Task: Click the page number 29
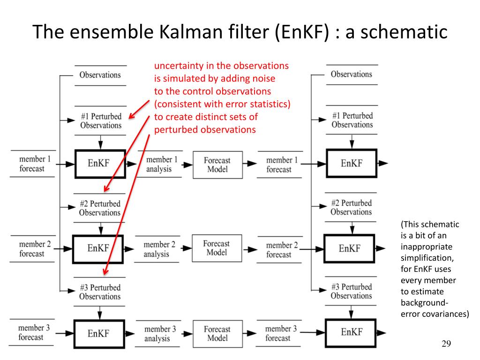[x=446, y=344]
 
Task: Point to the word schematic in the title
[x=404, y=31]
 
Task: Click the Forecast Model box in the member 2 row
[x=217, y=248]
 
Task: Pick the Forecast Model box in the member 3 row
[x=217, y=334]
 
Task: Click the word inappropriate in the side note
[x=427, y=247]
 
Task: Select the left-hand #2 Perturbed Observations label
[x=100, y=208]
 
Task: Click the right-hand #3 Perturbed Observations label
[x=352, y=291]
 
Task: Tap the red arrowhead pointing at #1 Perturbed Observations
[x=132, y=115]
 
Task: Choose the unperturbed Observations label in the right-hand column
[x=352, y=74]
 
